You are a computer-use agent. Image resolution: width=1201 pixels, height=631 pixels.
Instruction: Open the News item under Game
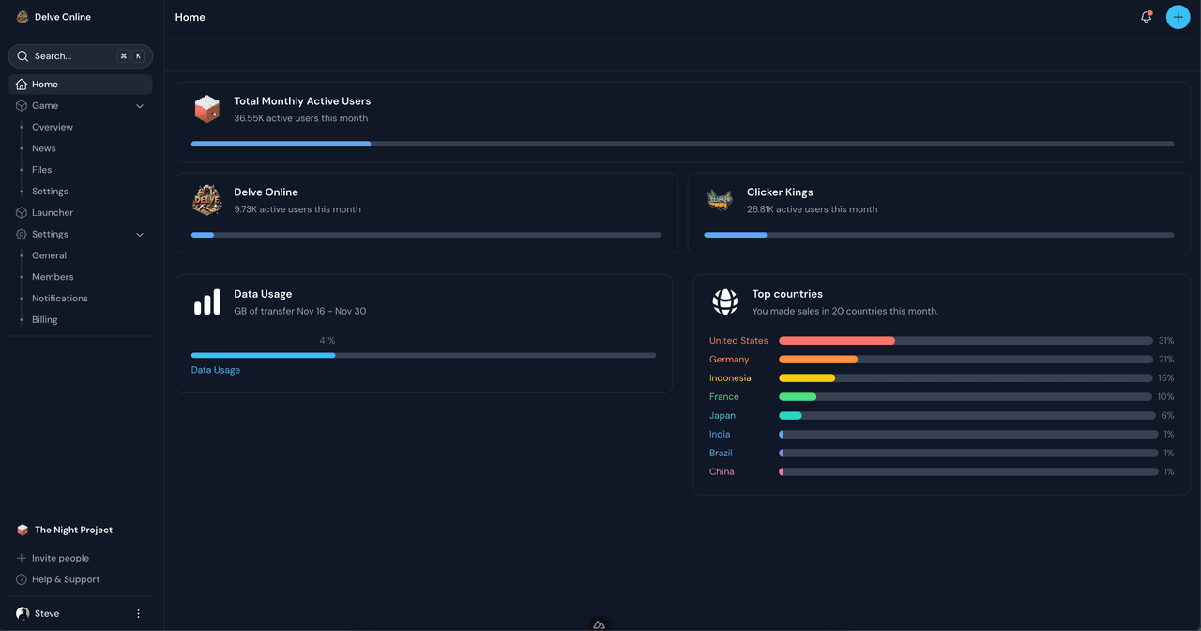point(44,148)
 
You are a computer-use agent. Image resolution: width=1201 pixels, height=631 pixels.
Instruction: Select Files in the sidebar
point(42,170)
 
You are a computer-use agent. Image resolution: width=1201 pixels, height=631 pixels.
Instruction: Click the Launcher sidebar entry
point(53,213)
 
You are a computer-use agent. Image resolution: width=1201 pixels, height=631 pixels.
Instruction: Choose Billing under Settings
point(45,320)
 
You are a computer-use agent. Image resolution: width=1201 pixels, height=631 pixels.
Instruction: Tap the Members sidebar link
point(53,277)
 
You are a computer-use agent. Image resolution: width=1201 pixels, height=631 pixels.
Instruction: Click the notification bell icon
point(1146,17)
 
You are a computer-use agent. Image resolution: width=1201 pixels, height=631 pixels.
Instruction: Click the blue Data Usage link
point(216,370)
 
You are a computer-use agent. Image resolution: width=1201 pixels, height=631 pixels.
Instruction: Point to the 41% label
point(327,341)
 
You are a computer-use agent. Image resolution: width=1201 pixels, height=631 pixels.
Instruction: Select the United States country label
point(738,341)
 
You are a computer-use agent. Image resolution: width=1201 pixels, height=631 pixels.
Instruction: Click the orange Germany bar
point(818,360)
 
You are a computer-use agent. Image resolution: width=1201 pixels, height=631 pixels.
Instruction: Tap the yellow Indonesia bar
point(807,378)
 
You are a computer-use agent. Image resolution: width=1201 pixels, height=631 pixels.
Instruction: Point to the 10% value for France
point(1165,397)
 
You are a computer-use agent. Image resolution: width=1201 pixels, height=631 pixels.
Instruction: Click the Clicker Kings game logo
point(720,200)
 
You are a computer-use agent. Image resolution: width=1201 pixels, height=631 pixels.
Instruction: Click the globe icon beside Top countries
point(725,301)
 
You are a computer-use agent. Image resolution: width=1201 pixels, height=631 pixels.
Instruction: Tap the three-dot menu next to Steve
point(139,614)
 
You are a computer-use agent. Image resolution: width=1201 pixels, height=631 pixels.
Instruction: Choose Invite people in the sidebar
point(60,558)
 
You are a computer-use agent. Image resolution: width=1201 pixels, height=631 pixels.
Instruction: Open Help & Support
point(66,579)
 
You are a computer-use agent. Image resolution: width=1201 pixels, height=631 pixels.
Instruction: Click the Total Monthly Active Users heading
point(302,101)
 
